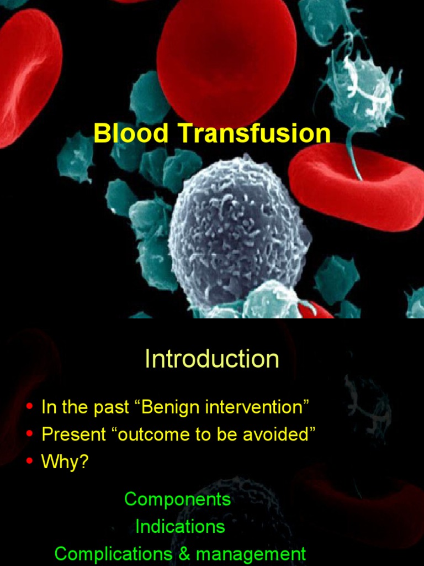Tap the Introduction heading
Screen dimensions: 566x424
212,359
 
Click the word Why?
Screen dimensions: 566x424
65,462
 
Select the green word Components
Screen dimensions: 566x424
177,499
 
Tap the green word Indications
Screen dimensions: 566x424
180,526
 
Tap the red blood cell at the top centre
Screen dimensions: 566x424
226,53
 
